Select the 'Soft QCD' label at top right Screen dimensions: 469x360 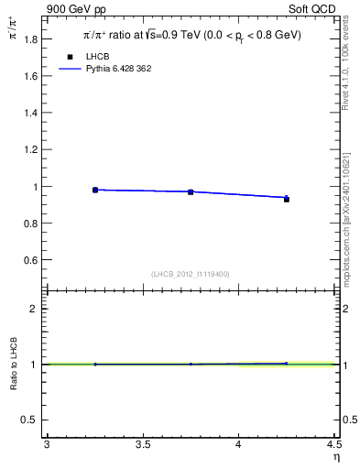tap(314, 8)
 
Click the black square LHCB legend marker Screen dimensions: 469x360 tap(70, 57)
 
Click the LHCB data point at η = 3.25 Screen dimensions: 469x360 tap(95, 190)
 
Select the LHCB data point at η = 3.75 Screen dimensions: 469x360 tap(191, 191)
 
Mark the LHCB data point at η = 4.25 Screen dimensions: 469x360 tap(287, 198)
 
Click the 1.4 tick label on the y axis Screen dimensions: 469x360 tap(31, 113)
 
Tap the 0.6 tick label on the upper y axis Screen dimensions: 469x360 tap(31, 260)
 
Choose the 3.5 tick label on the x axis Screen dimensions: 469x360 tap(143, 445)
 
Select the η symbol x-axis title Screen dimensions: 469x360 tap(336, 456)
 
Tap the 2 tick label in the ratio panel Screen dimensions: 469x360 tap(35, 309)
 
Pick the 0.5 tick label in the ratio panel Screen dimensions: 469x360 tap(31, 420)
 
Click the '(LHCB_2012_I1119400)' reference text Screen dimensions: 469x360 tap(191, 274)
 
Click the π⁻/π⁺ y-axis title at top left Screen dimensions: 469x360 tap(14, 36)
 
